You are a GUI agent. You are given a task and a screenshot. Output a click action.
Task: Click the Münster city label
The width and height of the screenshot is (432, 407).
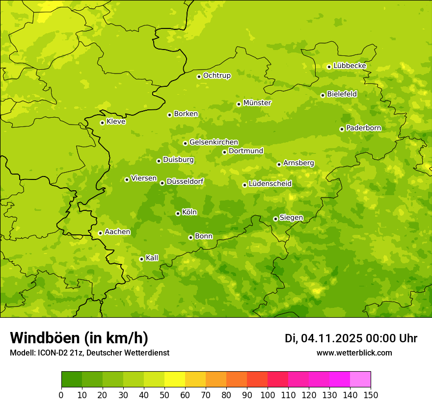click(257, 103)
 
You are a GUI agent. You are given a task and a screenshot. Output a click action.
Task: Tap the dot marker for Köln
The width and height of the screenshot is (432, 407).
click(178, 213)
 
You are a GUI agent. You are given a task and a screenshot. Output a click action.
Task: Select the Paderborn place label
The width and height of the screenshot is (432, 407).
click(363, 128)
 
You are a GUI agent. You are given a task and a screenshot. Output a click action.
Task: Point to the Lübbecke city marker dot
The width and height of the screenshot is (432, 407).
click(329, 67)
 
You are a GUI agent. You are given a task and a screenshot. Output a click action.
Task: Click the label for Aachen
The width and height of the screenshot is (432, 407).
click(117, 232)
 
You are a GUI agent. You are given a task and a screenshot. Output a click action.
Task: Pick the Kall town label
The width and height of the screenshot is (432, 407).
click(152, 258)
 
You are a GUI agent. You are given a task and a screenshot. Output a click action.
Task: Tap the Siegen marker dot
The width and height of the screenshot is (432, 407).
click(275, 219)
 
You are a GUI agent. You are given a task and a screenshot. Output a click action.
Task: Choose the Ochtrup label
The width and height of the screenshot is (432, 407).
click(216, 76)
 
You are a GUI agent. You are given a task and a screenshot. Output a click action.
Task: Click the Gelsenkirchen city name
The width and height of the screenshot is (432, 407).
click(214, 142)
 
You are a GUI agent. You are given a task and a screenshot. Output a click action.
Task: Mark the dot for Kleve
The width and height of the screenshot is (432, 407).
click(102, 123)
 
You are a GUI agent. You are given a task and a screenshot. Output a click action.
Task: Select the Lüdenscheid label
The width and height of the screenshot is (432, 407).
click(270, 184)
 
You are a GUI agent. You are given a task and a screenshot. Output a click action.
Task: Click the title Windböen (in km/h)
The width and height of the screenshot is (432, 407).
click(79, 338)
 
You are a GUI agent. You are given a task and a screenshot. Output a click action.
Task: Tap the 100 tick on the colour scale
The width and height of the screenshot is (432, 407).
click(268, 394)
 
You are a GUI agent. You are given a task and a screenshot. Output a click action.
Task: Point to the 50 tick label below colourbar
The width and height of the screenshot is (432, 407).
click(164, 394)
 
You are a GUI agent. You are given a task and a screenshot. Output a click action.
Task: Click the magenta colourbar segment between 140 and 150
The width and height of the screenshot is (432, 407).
click(360, 380)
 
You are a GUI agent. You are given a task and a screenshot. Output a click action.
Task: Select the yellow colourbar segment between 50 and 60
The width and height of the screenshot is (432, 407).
click(175, 380)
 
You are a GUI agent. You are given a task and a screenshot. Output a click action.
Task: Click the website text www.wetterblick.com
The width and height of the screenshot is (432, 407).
click(354, 353)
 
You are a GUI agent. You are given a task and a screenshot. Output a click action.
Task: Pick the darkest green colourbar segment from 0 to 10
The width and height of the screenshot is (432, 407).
click(72, 380)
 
